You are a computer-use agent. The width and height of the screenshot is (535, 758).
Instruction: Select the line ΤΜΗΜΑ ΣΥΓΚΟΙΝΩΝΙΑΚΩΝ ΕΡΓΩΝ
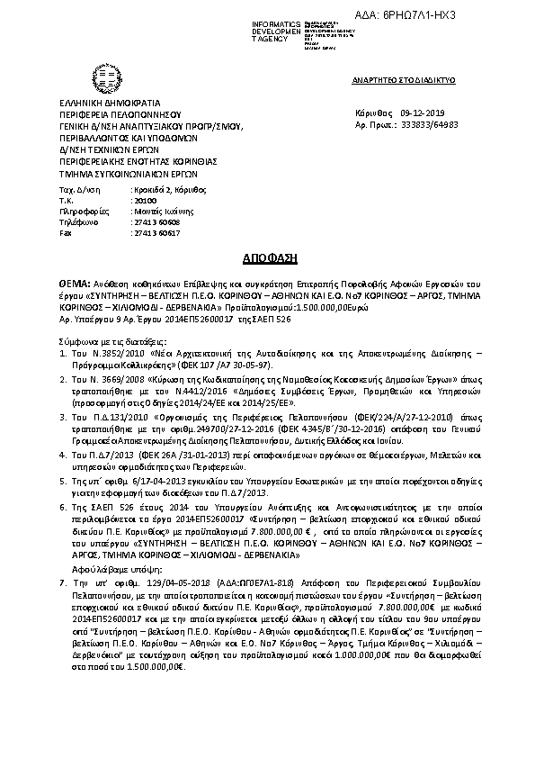coord(121,174)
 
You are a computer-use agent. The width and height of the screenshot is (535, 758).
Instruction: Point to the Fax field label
coord(65,232)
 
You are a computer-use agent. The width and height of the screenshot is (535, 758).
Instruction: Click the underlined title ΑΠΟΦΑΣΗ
coord(266,256)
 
